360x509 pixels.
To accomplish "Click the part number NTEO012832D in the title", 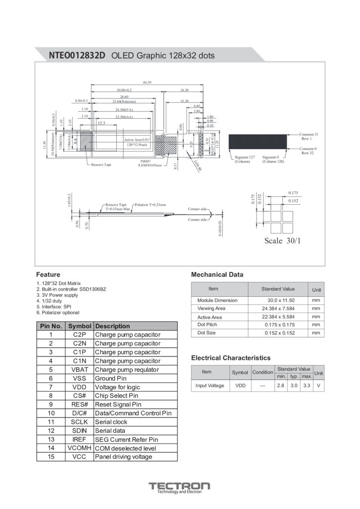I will (x=77, y=56).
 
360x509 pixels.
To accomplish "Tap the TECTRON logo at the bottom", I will (x=180, y=486).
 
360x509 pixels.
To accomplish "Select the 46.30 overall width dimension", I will (x=147, y=82).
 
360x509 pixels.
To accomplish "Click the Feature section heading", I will (x=48, y=274).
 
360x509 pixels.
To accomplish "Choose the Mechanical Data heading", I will (x=217, y=274).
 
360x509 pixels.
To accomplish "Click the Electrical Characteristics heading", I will (x=231, y=358).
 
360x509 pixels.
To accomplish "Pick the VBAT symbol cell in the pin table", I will (x=80, y=369).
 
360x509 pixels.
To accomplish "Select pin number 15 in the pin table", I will (x=51, y=456).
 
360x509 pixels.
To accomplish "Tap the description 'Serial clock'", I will (x=111, y=422).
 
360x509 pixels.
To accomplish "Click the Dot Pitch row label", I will (x=207, y=325).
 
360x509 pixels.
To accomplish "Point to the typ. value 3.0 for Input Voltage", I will (x=294, y=385).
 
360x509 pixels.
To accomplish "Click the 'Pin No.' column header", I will (x=51, y=326).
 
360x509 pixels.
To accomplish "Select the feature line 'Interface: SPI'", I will (x=56, y=307).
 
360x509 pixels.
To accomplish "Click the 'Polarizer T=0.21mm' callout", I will (x=151, y=205).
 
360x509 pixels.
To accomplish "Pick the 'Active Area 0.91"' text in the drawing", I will (x=137, y=140).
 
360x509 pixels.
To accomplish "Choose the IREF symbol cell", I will (x=80, y=439).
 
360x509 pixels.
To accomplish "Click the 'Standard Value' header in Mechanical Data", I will (x=278, y=289).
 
